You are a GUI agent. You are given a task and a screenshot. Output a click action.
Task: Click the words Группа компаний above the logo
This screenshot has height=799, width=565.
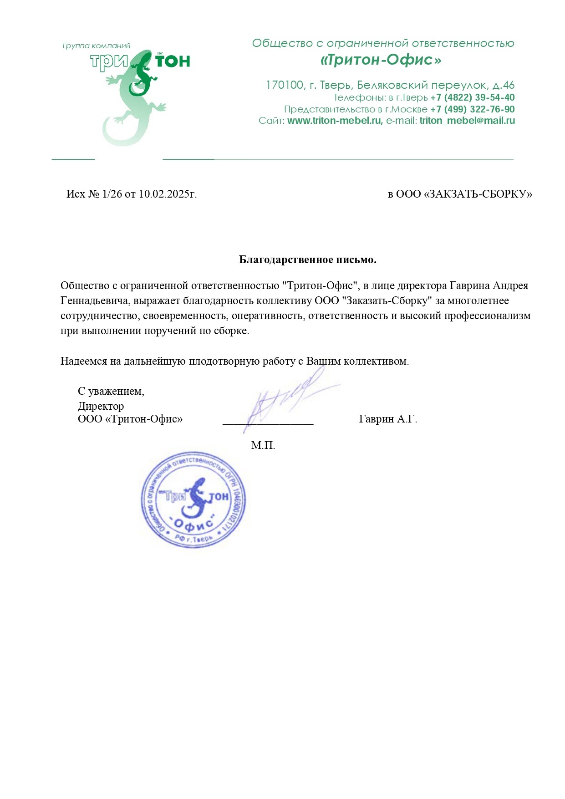(x=97, y=46)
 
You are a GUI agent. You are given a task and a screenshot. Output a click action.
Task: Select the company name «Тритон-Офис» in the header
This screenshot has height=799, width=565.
(x=381, y=60)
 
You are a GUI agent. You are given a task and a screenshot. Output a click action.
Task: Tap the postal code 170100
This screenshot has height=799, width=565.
(x=285, y=85)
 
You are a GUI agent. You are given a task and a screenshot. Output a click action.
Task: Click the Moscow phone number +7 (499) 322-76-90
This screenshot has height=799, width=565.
(x=472, y=109)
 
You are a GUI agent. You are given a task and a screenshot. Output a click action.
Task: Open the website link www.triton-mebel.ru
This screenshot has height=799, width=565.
(x=335, y=121)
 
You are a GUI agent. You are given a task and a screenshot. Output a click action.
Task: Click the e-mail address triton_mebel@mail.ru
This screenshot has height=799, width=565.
(x=467, y=121)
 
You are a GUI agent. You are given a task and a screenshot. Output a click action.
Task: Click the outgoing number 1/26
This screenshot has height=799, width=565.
(x=112, y=194)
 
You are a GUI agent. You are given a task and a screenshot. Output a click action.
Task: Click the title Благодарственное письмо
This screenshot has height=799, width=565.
(x=308, y=260)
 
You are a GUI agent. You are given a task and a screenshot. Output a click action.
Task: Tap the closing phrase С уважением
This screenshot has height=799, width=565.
(x=111, y=391)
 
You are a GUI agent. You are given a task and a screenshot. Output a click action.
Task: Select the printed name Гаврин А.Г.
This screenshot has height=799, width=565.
(x=388, y=419)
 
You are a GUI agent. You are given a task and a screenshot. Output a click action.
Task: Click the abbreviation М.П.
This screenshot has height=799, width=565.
(x=263, y=445)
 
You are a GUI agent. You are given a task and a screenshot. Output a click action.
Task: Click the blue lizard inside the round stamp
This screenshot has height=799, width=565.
(x=197, y=499)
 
